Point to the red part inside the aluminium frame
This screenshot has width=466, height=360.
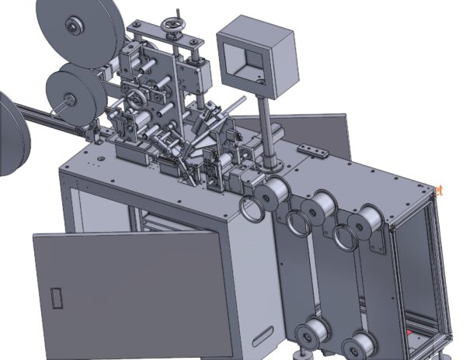407,334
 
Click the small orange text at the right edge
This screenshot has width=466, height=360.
441,189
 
